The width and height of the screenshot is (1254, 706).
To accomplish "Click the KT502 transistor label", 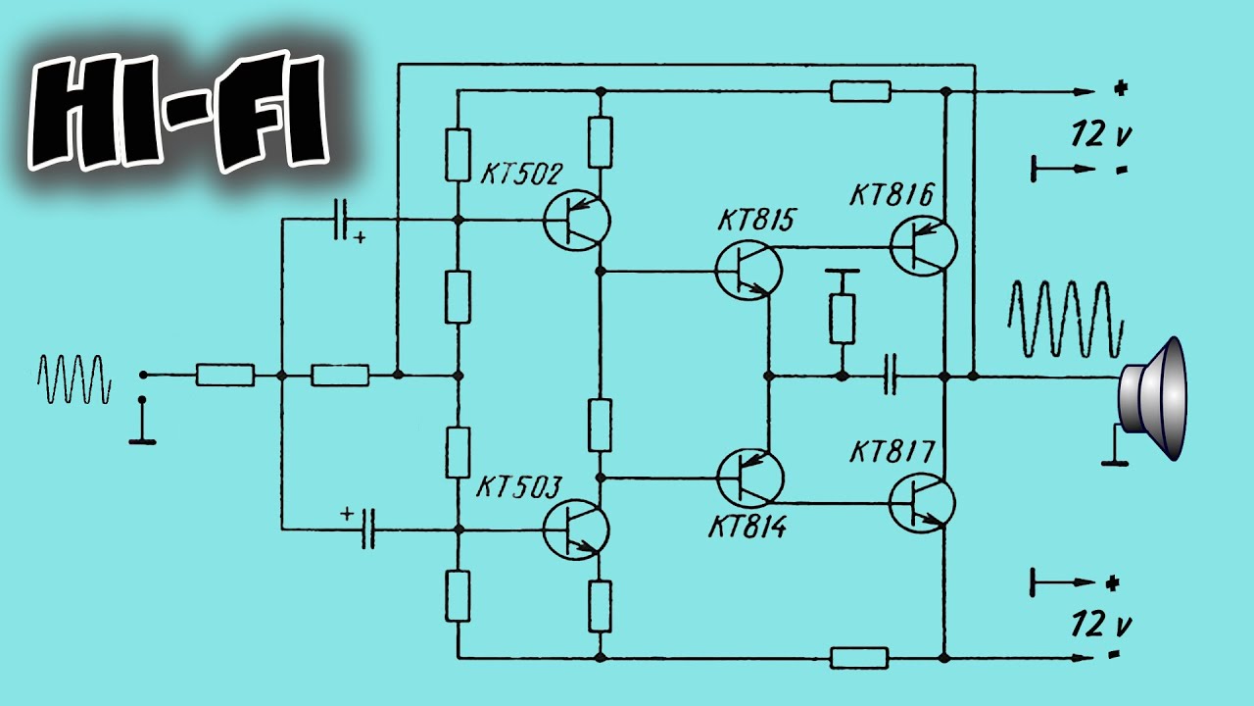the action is point(521,175).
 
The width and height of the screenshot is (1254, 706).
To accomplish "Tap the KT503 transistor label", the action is point(518,487).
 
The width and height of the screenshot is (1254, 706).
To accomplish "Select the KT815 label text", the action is point(756,221).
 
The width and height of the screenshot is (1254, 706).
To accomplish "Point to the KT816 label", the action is point(892,194).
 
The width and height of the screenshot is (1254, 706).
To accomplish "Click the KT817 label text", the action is point(892,452).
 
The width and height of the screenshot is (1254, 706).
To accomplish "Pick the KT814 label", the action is point(748,527).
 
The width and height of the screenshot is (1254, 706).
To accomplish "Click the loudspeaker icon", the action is point(1152,398).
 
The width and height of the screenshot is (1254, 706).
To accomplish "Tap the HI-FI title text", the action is point(178,111).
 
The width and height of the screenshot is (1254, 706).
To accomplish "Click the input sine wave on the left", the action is point(73,378).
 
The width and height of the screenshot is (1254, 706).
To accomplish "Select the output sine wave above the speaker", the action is point(1066,320).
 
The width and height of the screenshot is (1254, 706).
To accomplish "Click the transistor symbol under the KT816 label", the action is point(923,246).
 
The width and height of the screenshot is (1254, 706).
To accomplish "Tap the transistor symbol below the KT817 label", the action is point(922,503).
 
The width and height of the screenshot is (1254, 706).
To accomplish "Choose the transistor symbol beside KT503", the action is point(576,530).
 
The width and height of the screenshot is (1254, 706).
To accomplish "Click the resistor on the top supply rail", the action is point(860,91).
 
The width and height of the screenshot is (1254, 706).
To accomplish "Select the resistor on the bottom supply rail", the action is point(859,658).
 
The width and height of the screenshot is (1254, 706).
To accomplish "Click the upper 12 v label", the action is point(1101,135).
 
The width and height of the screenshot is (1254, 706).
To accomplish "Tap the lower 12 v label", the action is point(1101,625).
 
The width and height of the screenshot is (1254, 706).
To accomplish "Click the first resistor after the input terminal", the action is point(225,375).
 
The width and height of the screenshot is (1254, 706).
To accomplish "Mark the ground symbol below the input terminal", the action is point(142,422).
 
